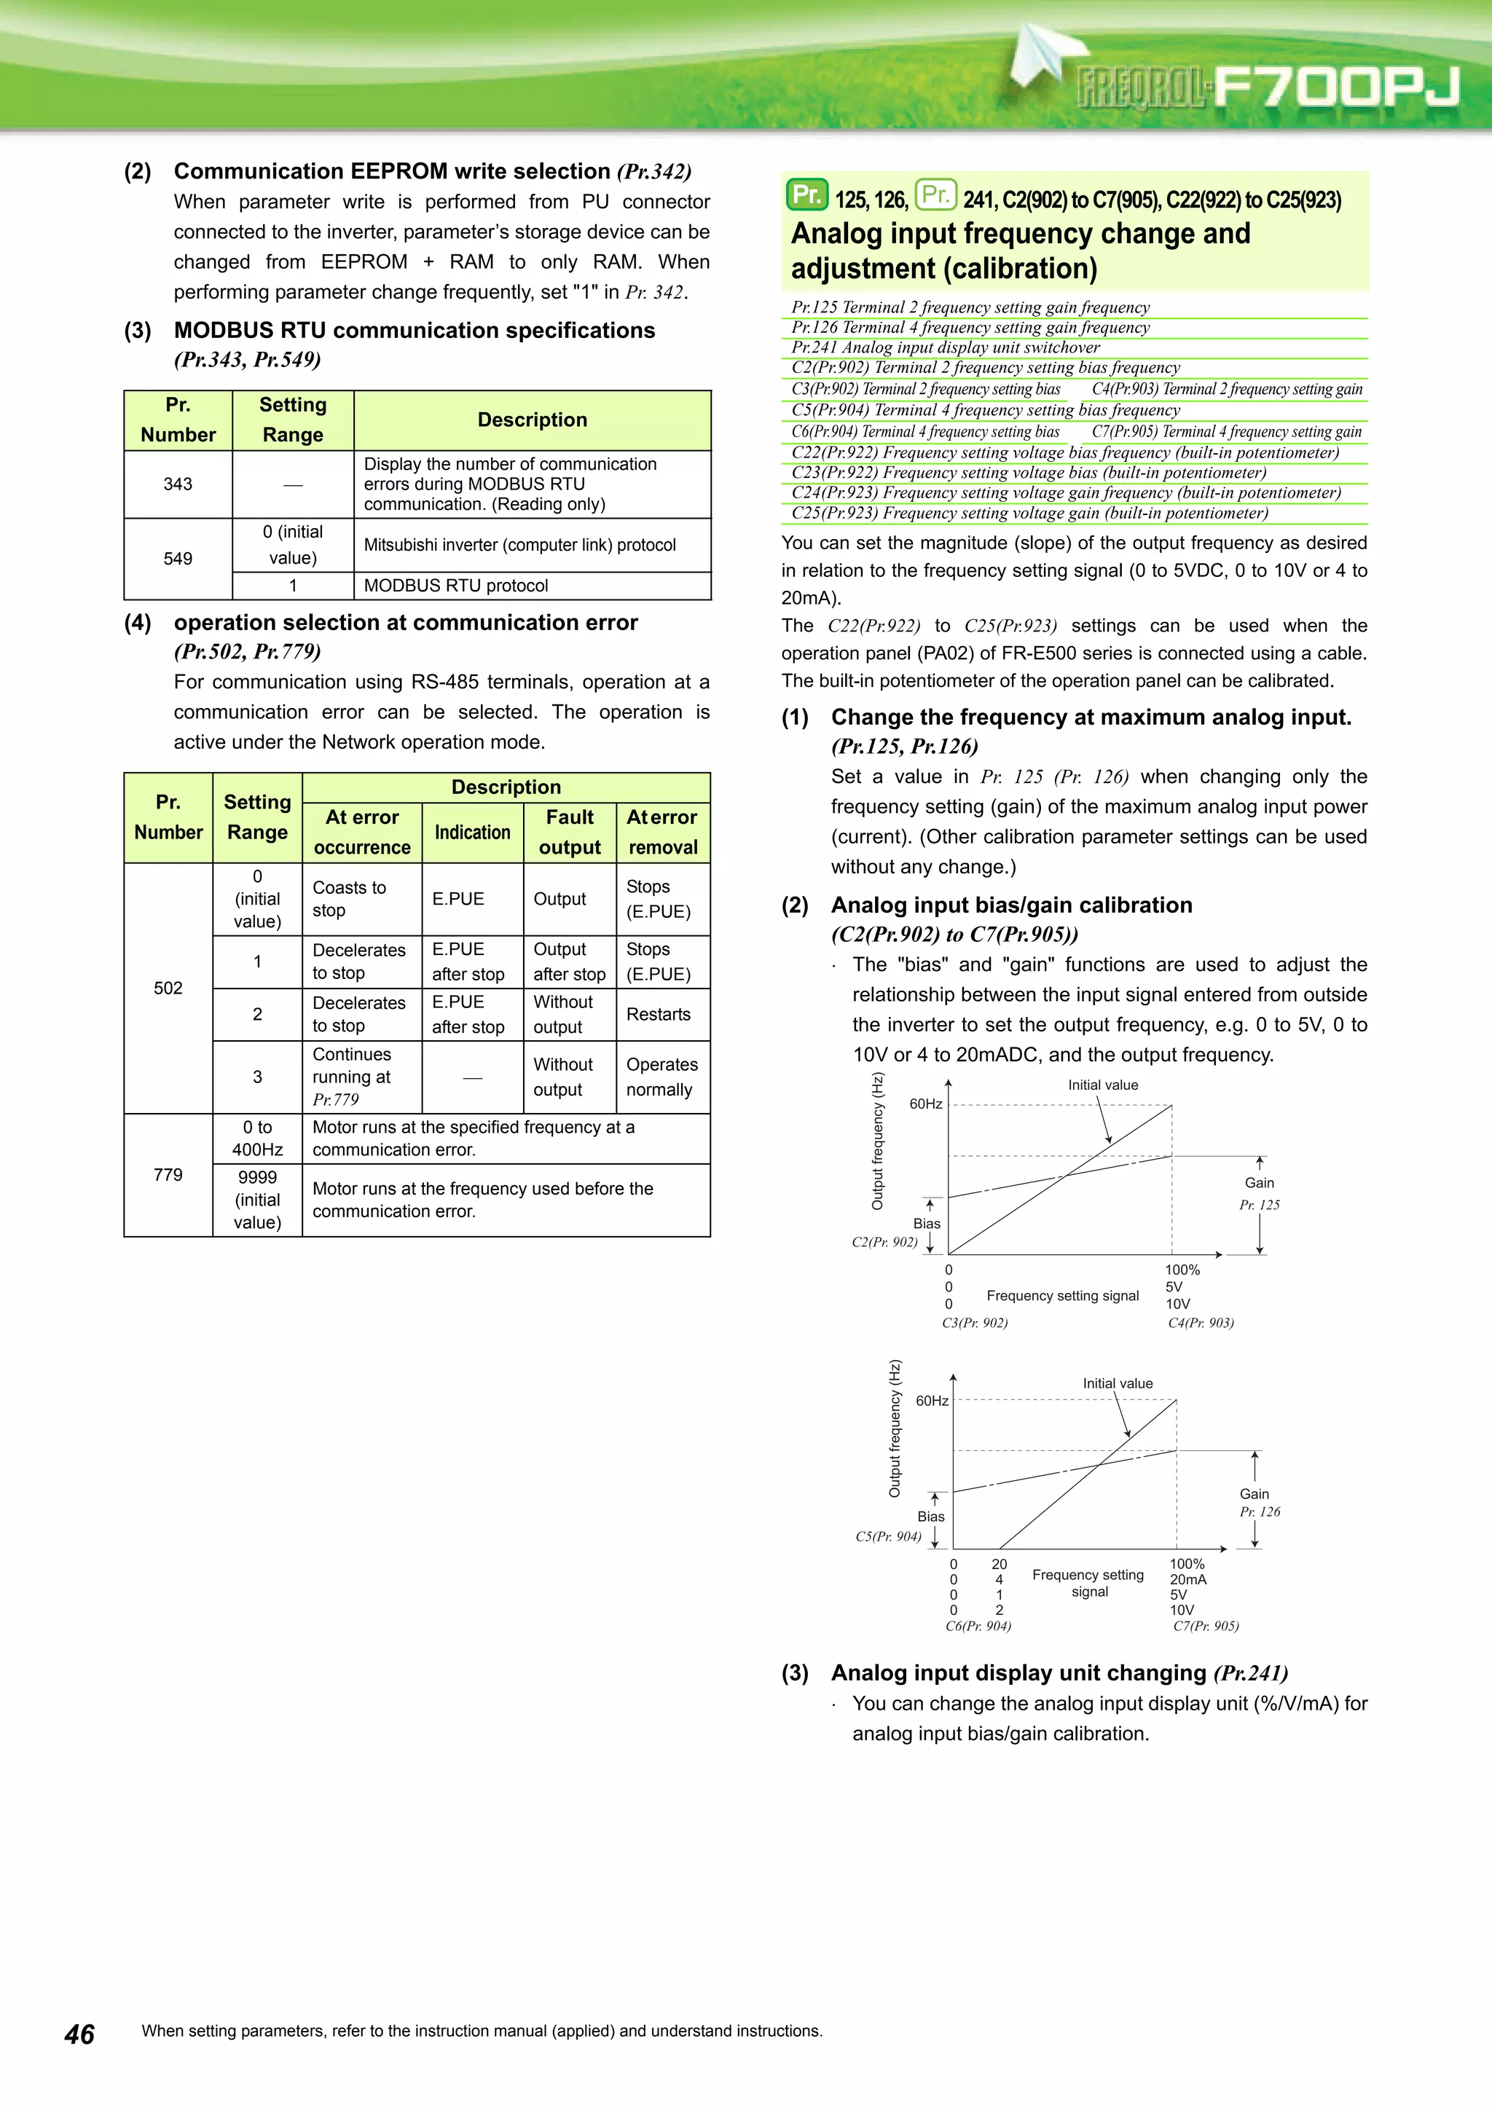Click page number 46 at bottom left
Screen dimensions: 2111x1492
click(x=80, y=2034)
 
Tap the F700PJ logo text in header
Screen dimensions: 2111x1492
click(x=1334, y=87)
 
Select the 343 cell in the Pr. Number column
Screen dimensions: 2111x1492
click(x=178, y=484)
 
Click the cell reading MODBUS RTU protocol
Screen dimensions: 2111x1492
click(x=456, y=586)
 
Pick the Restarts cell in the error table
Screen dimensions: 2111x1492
click(x=658, y=1014)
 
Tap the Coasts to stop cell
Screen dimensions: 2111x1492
click(x=350, y=898)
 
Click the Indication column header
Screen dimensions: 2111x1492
click(x=473, y=832)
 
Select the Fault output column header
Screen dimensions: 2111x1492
click(x=570, y=832)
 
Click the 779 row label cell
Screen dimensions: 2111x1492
click(x=168, y=1174)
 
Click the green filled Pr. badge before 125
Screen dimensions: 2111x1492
click(x=806, y=195)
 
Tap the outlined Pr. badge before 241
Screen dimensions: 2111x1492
click(x=935, y=195)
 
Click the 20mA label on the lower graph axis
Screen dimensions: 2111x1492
click(x=1187, y=1579)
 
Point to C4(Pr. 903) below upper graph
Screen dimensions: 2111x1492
click(x=1200, y=1323)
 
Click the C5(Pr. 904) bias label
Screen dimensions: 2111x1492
click(x=888, y=1536)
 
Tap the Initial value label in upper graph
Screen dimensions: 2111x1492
click(x=1102, y=1085)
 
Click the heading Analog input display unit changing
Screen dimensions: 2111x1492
click(x=1018, y=1672)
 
